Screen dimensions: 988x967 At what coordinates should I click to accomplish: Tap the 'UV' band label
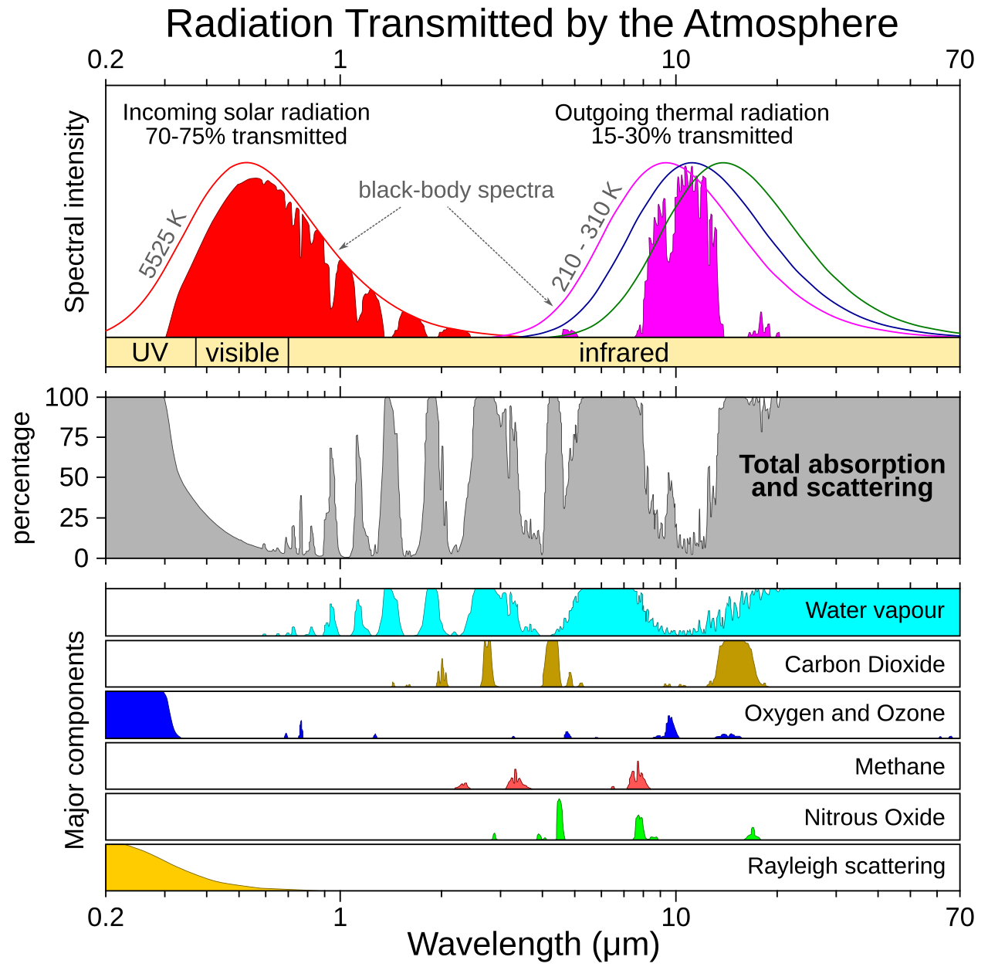(x=150, y=352)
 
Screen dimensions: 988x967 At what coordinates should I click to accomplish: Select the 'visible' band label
(x=242, y=352)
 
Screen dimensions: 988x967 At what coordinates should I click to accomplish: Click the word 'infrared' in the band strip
(x=624, y=352)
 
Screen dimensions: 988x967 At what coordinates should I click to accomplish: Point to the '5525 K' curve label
(x=162, y=245)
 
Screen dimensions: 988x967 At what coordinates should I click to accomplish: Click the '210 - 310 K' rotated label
(x=587, y=237)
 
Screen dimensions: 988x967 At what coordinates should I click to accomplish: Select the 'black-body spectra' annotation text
(x=456, y=190)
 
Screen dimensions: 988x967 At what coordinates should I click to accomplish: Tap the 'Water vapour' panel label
(x=875, y=609)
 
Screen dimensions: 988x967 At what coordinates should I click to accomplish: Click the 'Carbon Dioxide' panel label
(x=864, y=663)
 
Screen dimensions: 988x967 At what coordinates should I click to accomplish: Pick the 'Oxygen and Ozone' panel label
(x=844, y=713)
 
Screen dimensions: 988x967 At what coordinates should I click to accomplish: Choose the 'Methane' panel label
(x=899, y=766)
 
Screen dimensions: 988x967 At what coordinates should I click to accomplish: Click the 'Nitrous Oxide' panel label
(x=875, y=818)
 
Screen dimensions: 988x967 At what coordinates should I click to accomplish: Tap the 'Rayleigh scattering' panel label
(x=846, y=866)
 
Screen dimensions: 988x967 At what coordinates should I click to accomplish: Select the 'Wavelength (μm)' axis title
(x=533, y=944)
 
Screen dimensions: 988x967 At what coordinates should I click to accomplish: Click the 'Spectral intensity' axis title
(x=75, y=212)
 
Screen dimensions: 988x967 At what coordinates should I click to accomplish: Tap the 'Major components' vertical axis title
(x=75, y=740)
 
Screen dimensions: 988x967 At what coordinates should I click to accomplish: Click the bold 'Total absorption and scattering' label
(x=842, y=476)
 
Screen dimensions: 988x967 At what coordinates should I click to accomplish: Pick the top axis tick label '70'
(x=959, y=60)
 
